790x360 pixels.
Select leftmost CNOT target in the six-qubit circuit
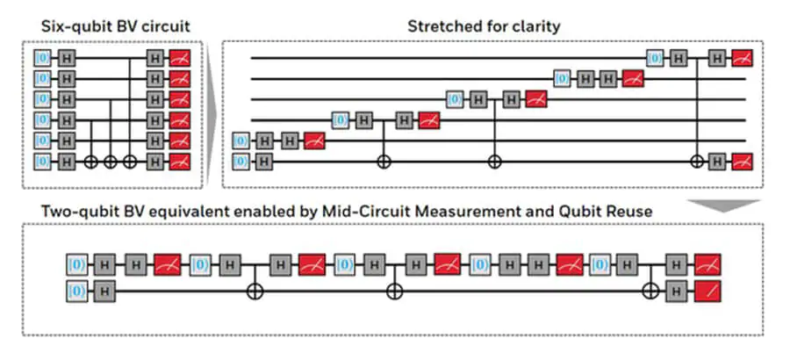tap(93, 162)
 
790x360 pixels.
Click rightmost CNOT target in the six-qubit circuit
tap(131, 162)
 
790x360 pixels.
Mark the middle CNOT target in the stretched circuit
tap(494, 162)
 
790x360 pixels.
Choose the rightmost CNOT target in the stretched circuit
tap(698, 162)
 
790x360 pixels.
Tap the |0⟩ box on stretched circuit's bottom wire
tap(241, 161)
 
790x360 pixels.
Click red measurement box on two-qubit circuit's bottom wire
tap(706, 289)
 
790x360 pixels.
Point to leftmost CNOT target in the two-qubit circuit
tap(255, 289)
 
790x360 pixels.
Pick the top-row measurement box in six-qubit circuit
tap(180, 58)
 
